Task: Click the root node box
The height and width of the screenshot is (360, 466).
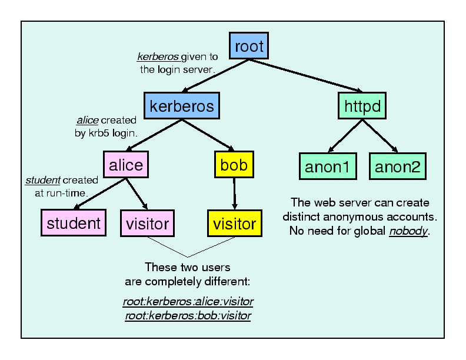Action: (249, 46)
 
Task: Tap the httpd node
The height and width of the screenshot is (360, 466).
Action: (362, 106)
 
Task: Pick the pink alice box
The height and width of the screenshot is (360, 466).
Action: (125, 165)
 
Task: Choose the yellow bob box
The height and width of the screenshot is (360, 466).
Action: (234, 164)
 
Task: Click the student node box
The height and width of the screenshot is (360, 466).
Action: (74, 223)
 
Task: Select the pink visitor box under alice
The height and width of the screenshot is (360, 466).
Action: (147, 223)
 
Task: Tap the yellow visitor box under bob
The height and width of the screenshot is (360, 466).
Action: (235, 223)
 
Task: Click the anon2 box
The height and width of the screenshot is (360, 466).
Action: (397, 166)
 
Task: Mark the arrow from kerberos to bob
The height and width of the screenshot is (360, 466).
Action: (207, 135)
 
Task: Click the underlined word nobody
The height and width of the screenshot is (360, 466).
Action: (408, 231)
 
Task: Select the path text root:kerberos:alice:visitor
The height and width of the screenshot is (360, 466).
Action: (188, 302)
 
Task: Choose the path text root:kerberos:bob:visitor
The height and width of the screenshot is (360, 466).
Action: (188, 316)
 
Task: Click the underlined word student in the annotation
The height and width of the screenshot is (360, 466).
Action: (42, 180)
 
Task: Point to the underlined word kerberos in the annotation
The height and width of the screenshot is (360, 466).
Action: (158, 57)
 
